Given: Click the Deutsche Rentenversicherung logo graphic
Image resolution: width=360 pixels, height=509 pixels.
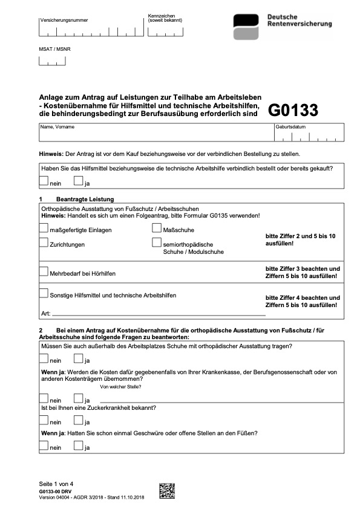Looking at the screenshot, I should tap(247, 27).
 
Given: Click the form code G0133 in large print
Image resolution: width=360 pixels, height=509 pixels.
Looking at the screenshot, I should tap(293, 110).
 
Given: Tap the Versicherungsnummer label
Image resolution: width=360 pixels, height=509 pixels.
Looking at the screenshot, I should tap(64, 20).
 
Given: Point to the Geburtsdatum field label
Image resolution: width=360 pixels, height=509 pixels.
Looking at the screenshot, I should tap(290, 127).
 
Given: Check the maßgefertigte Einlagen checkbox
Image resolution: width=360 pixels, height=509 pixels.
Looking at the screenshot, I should tap(43, 229).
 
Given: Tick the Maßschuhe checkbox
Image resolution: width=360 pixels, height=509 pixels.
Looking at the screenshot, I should tap(157, 229).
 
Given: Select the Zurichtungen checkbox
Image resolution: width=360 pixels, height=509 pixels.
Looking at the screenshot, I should tap(43, 243).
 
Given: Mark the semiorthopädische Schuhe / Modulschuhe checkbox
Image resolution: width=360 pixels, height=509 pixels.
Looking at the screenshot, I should tap(157, 243).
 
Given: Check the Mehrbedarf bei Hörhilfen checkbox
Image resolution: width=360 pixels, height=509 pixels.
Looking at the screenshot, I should tap(43, 271).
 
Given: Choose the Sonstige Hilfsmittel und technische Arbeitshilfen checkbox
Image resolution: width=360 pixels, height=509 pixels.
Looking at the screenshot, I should tap(43, 293).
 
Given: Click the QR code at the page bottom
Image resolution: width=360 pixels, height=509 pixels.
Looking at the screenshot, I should tap(166, 491).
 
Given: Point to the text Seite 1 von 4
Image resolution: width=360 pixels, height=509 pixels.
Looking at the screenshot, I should tap(56, 484).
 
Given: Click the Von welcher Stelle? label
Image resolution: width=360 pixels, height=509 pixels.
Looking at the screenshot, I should tap(120, 386).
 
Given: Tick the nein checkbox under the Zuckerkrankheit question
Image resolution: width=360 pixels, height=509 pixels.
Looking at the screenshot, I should tap(43, 421).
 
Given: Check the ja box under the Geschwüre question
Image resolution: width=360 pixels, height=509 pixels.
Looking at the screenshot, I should tap(77, 446).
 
